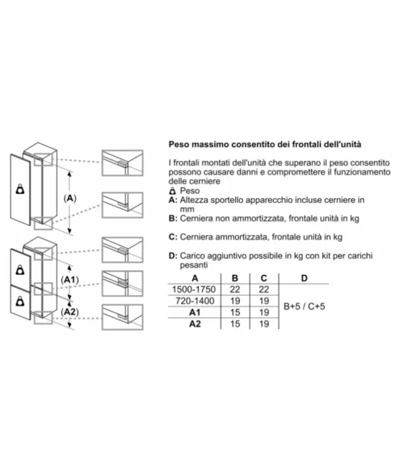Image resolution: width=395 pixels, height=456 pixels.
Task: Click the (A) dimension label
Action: [x=70, y=198]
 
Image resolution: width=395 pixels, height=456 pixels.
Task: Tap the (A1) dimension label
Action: [x=70, y=280]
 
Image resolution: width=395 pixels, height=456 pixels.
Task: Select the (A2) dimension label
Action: [x=70, y=312]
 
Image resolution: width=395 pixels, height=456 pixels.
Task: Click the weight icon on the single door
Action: [x=20, y=189]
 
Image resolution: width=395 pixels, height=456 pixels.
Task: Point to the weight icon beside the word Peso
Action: [x=172, y=191]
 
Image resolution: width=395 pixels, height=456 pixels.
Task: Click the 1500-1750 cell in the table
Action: [x=194, y=289]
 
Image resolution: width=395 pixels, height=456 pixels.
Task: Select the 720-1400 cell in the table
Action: [x=195, y=300]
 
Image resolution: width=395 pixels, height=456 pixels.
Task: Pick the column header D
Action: [x=304, y=278]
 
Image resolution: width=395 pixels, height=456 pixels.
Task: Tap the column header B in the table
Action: [x=235, y=278]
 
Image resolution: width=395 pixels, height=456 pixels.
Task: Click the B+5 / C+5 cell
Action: [x=304, y=306]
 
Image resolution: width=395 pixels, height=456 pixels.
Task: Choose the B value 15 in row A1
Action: [x=235, y=312]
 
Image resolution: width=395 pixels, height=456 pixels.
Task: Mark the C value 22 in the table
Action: [x=264, y=289]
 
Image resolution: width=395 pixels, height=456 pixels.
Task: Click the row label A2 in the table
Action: [x=195, y=324]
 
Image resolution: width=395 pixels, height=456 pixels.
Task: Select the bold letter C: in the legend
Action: [x=172, y=237]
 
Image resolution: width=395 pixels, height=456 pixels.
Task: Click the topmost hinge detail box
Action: [x=122, y=163]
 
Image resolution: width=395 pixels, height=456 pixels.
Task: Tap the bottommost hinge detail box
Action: [x=122, y=317]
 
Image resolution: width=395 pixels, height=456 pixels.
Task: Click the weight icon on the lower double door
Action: [x=20, y=301]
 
